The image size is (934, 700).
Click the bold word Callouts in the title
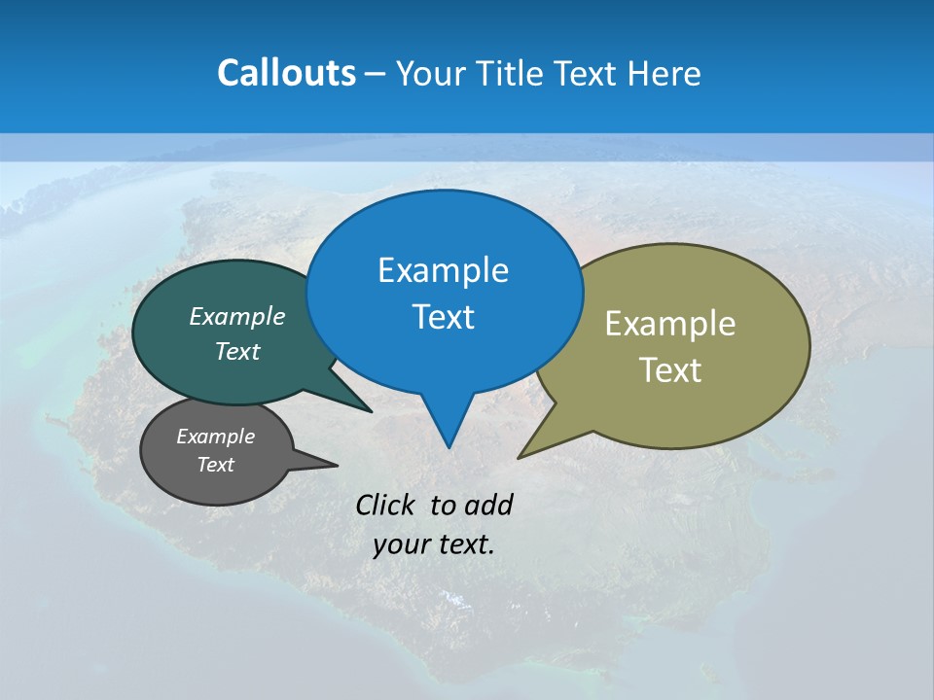click(286, 73)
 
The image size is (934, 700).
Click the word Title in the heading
click(512, 73)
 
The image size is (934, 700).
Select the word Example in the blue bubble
click(443, 270)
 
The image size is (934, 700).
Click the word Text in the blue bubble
click(443, 316)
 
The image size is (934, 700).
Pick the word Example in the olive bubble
click(670, 324)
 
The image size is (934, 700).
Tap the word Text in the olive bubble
click(670, 369)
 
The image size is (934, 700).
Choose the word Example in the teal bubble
click(237, 316)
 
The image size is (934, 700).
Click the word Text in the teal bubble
click(237, 351)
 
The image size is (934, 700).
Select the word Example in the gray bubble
click(215, 437)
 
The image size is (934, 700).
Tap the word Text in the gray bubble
click(215, 465)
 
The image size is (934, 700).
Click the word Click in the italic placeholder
click(387, 505)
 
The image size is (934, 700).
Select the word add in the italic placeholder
click(489, 505)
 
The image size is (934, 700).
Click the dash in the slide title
click(376, 74)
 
